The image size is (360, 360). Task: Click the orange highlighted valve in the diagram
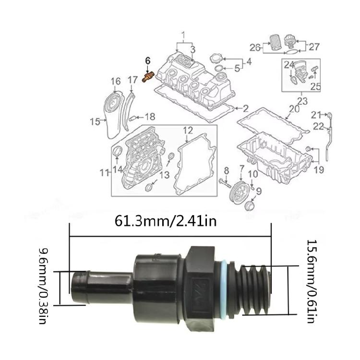(148, 77)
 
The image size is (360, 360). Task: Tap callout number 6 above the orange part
(148, 60)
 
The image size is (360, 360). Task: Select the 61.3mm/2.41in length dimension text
(166, 221)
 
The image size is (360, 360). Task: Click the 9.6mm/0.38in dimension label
(42, 286)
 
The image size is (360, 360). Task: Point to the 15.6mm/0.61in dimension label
(311, 281)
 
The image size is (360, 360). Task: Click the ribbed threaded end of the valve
(254, 290)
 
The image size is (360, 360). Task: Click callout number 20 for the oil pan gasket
(294, 109)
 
